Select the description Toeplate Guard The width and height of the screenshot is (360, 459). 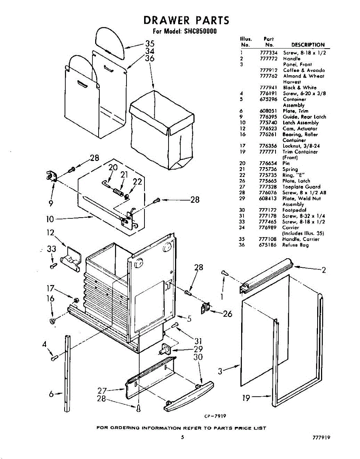[x=302, y=187]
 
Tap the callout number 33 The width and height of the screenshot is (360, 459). [x=51, y=249]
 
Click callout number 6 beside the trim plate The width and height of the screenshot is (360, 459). [x=51, y=394]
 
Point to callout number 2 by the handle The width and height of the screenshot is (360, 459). [x=324, y=270]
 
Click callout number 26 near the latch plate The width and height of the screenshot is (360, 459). [x=227, y=314]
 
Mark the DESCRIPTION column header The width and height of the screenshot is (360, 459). [x=308, y=45]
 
